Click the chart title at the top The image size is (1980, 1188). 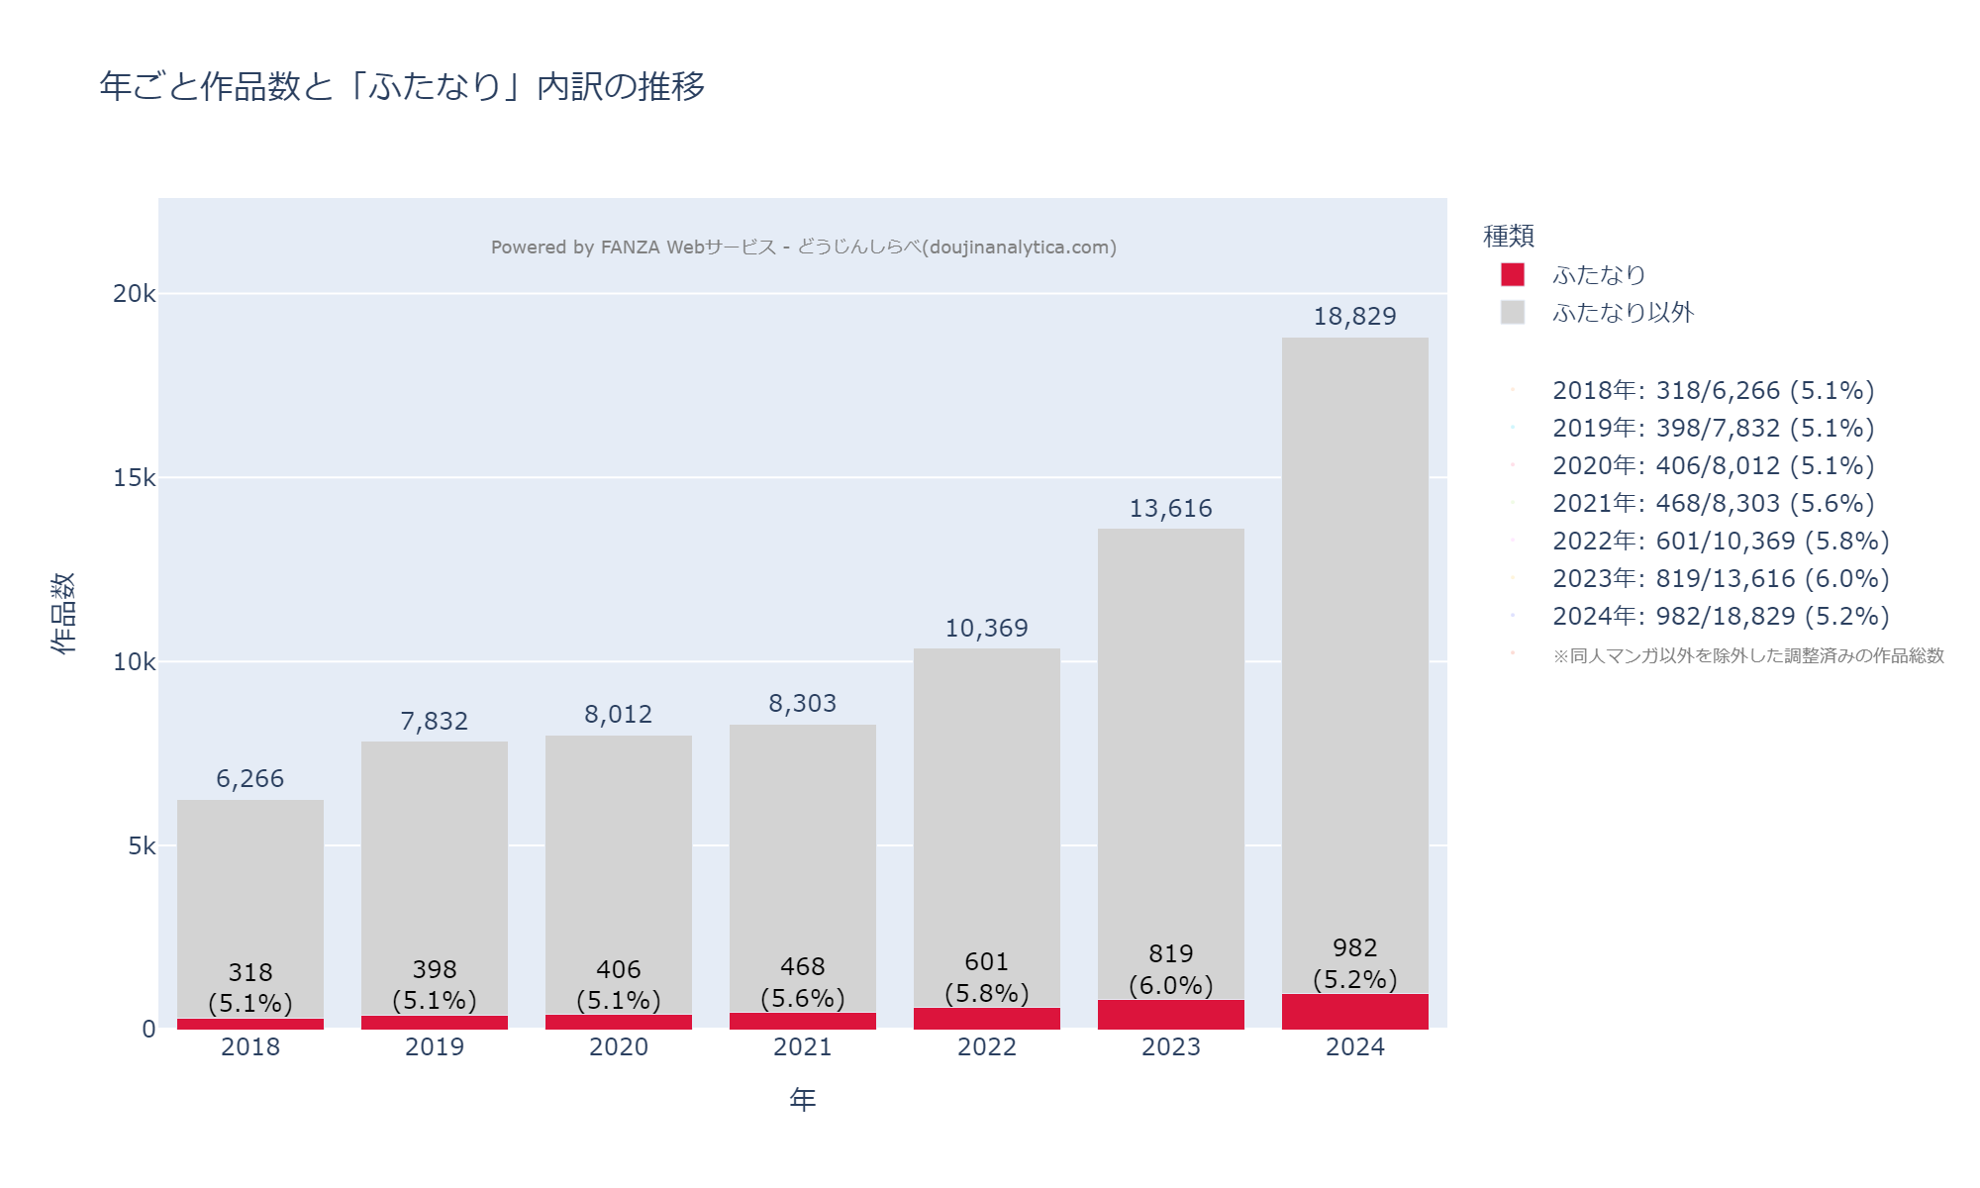point(402,87)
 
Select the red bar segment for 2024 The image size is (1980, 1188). point(1354,1011)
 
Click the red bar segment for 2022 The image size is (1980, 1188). point(986,1018)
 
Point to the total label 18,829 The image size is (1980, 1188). point(1354,317)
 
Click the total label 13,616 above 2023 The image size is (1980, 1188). point(1170,509)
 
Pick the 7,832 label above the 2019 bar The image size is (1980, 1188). point(434,722)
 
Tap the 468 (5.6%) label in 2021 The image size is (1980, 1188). point(802,982)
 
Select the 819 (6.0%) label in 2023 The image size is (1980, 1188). point(1170,969)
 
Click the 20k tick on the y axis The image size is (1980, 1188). point(134,294)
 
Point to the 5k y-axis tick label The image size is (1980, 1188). point(142,846)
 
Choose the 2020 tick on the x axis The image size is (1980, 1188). point(618,1047)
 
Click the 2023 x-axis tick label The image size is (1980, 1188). point(1170,1047)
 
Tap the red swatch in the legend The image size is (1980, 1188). point(1512,274)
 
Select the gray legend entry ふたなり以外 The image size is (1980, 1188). point(1623,313)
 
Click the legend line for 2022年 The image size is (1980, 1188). point(1720,542)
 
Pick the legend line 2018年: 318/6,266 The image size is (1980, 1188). point(1713,391)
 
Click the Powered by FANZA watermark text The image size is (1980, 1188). point(803,247)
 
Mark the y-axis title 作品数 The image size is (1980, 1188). point(63,613)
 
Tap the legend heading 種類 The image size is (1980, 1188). point(1508,237)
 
